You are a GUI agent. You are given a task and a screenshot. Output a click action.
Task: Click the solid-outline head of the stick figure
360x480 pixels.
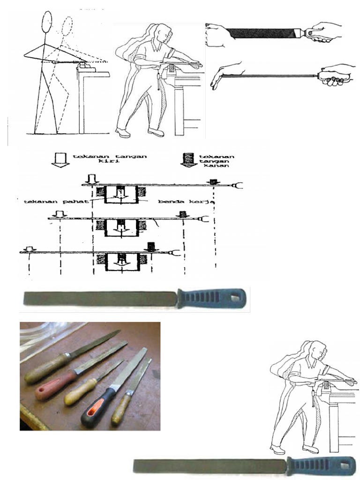(47, 22)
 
